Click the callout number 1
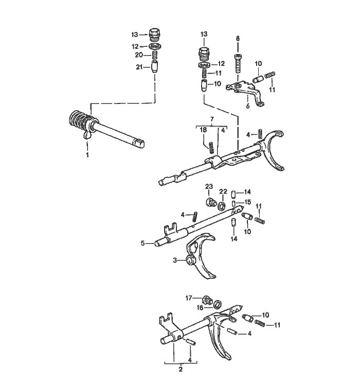coord(87,155)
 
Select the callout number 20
coord(139,55)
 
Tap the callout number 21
coord(139,67)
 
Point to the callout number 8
coord(238,39)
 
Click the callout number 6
coord(247,106)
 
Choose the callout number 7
coord(212,119)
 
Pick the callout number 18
coord(203,130)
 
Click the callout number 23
coord(209,187)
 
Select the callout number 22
coord(223,191)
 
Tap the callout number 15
coord(248,202)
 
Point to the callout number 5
coord(142,243)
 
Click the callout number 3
coord(175,260)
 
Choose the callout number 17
coord(189,298)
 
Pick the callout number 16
coord(200,307)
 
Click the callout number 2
coord(181,369)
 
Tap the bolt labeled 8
coord(238,63)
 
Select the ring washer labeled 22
coord(222,206)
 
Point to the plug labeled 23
coord(210,202)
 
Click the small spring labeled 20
coord(154,55)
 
